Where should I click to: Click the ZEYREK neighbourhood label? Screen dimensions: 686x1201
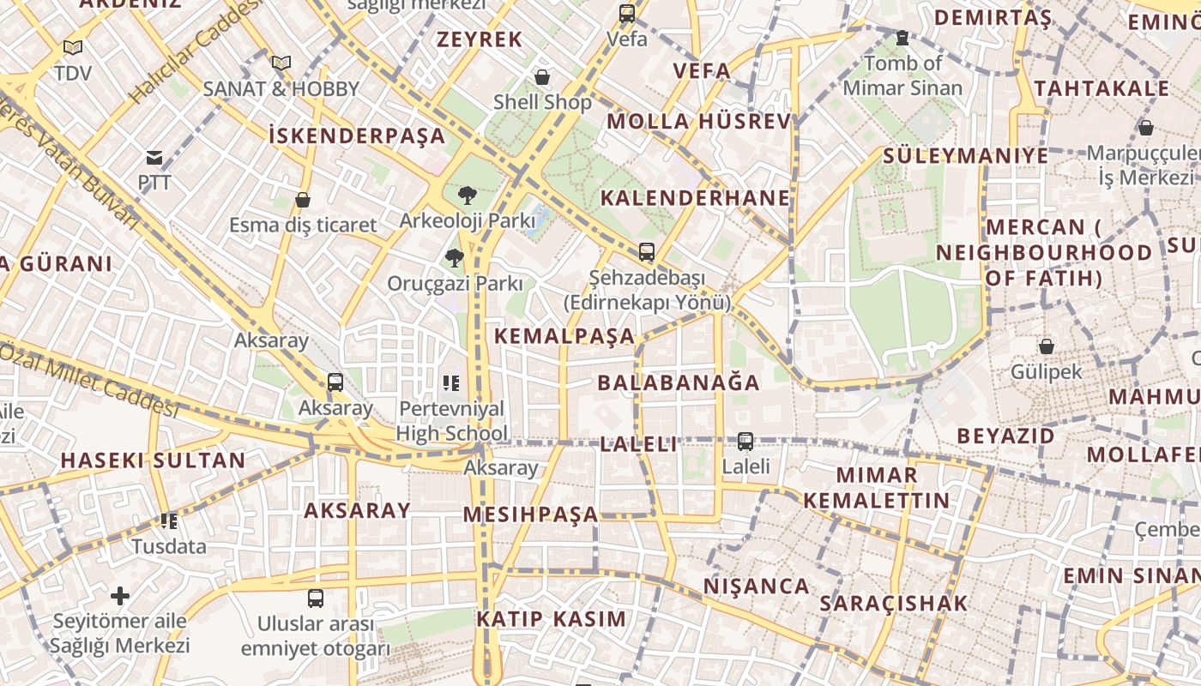coord(480,39)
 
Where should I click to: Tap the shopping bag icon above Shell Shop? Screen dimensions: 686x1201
coord(542,78)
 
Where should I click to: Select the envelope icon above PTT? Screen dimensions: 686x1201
coord(154,158)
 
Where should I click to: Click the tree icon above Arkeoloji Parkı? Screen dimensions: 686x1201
coord(468,196)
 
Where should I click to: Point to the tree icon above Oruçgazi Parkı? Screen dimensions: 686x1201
coord(455,257)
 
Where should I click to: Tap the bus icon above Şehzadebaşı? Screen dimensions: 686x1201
coord(647,253)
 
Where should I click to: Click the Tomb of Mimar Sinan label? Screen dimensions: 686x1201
coord(902,75)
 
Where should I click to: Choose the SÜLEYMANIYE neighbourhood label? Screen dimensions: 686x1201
coord(965,155)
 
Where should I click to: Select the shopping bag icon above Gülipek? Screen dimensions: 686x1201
coord(1047,346)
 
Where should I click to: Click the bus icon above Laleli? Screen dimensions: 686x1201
coord(745,442)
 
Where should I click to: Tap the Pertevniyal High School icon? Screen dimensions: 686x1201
coord(451,383)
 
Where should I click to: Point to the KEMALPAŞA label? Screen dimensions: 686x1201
coord(565,335)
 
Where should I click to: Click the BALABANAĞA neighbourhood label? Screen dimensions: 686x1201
coord(679,382)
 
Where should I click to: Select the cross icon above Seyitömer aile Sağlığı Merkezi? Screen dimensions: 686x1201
coord(120,595)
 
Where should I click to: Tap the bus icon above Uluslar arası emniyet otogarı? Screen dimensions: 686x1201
coord(316,599)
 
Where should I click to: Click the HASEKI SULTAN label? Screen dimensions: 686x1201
coord(153,460)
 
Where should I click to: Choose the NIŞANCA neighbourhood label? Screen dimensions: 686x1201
coord(757,587)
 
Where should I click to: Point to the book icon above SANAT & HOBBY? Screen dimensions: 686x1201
coord(281,63)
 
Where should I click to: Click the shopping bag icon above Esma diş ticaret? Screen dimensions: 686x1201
coord(303,201)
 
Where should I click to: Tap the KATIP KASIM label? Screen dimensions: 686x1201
coord(551,618)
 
